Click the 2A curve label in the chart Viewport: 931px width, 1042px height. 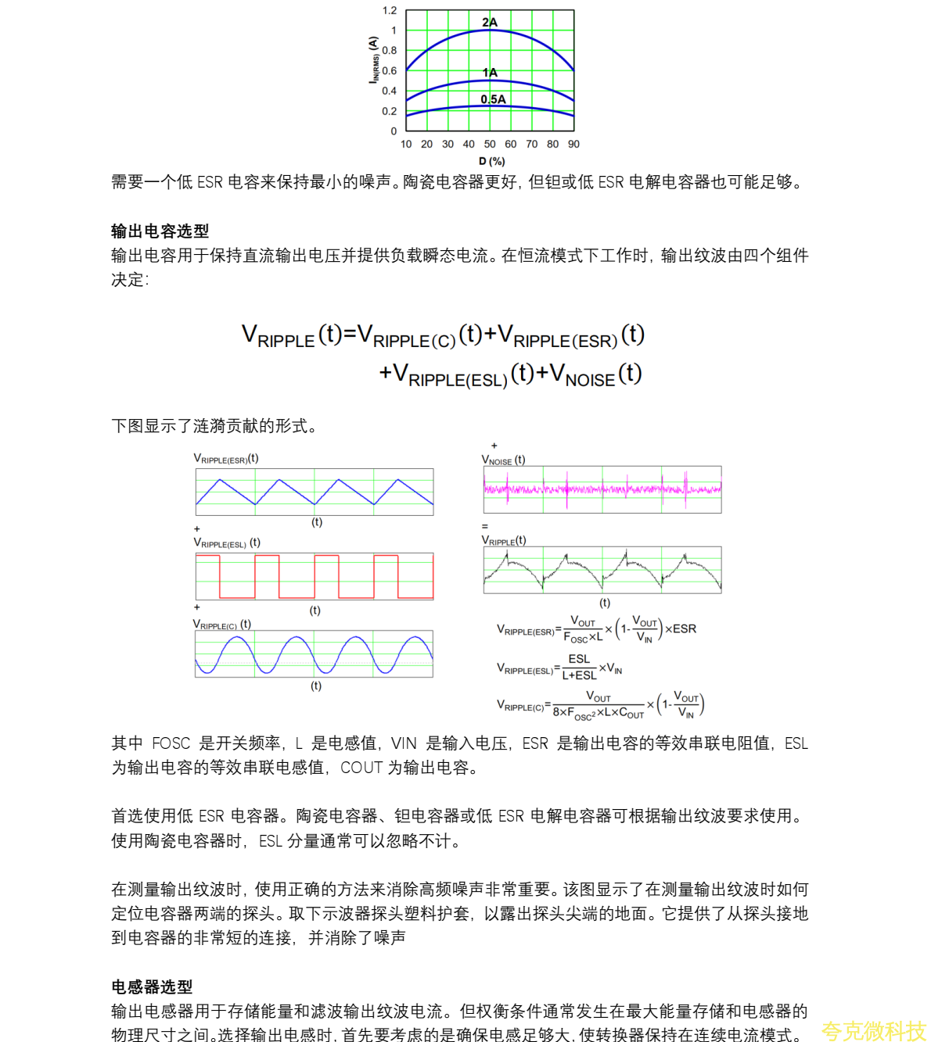click(x=490, y=22)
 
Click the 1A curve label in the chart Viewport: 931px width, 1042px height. click(x=490, y=73)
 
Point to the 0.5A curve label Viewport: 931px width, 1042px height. click(x=493, y=99)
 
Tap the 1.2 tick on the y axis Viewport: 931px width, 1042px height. click(x=390, y=11)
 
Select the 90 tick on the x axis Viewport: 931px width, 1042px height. click(x=573, y=144)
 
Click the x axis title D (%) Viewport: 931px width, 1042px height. click(x=491, y=161)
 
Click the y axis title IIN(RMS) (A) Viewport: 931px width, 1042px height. click(x=374, y=60)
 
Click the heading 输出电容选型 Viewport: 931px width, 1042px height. click(x=160, y=231)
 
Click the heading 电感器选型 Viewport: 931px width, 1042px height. click(x=152, y=986)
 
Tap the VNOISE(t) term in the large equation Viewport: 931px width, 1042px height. click(x=595, y=374)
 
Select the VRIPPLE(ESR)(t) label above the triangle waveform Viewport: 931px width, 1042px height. click(x=226, y=459)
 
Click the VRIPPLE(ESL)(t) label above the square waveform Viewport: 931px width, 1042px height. click(x=227, y=542)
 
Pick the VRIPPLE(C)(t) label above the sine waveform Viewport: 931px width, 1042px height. click(x=222, y=625)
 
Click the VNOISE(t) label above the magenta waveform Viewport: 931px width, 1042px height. click(x=503, y=460)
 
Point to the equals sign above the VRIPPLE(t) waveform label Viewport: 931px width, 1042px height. click(x=485, y=526)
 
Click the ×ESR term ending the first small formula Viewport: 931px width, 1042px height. click(x=681, y=628)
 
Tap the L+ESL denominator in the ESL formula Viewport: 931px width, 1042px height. click(x=579, y=675)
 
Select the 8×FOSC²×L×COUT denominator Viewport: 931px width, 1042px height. click(x=598, y=713)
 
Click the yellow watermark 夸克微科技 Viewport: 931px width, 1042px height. click(x=873, y=1031)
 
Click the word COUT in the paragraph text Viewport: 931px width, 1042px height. click(x=361, y=768)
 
